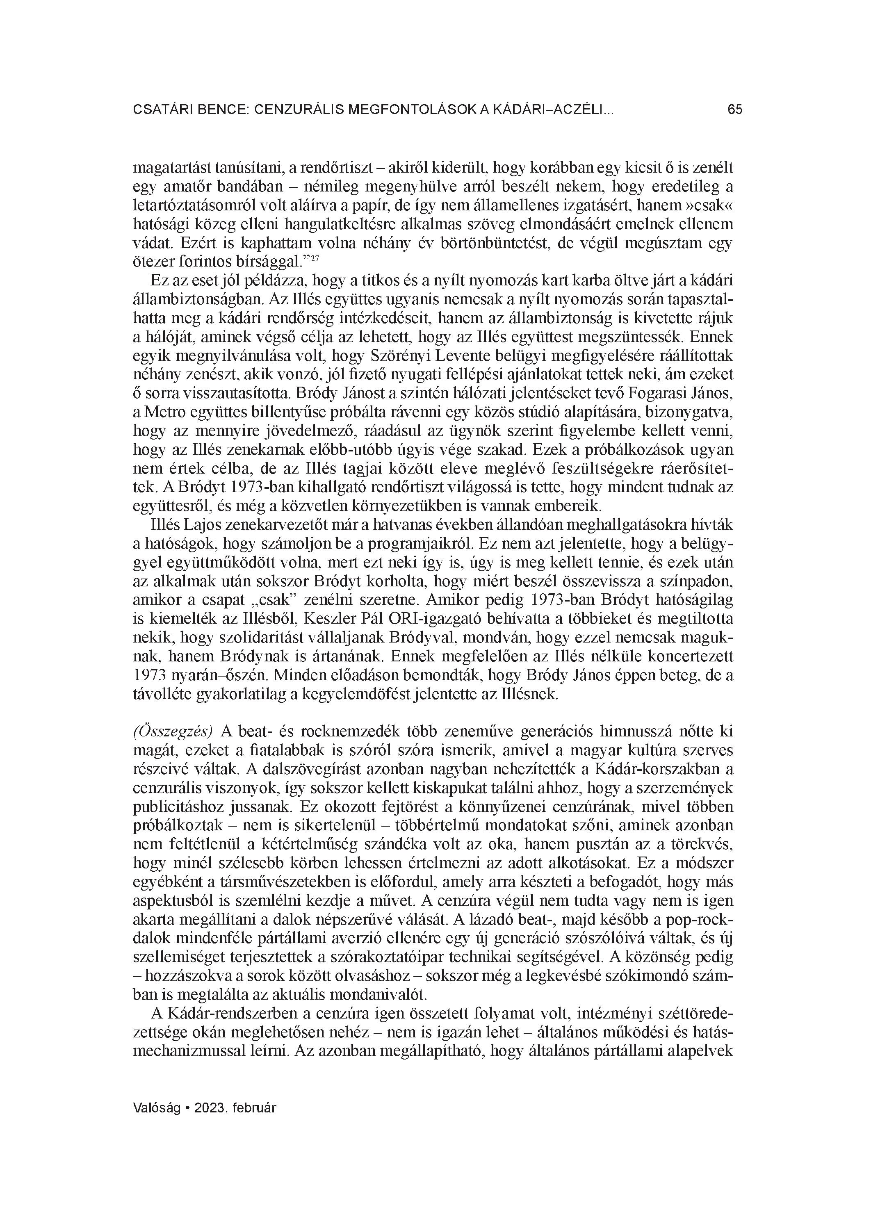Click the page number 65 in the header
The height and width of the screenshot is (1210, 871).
[734, 110]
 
